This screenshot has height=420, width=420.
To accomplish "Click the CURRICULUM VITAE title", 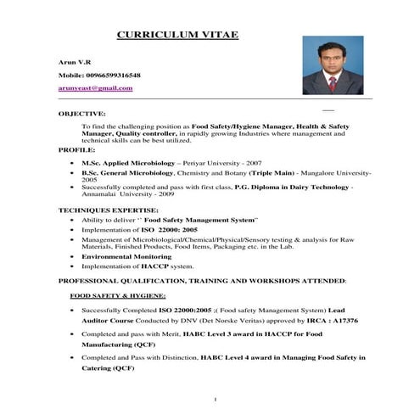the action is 176,35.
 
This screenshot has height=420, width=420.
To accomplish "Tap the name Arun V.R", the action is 72,63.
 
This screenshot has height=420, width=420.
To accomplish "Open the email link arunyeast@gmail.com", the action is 96,87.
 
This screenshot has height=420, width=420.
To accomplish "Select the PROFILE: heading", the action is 76,149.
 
